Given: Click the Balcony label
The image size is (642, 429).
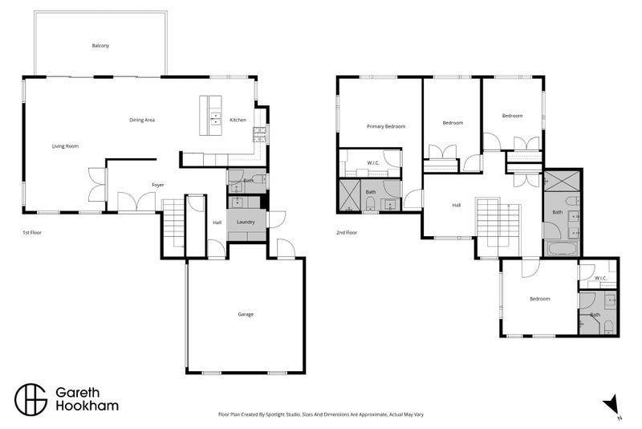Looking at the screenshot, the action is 100,46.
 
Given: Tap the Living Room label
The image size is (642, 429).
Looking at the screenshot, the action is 65,146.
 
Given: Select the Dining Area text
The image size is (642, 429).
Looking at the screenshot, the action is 142,120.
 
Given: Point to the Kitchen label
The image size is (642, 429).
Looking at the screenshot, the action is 238,120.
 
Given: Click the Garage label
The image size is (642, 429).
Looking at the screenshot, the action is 246,314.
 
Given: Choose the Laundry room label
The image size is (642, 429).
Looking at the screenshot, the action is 246,222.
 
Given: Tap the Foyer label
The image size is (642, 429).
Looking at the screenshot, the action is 157,185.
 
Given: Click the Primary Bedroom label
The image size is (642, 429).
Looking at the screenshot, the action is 386,127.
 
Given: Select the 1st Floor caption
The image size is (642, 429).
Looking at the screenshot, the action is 32,232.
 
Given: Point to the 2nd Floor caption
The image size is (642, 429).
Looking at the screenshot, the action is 347,232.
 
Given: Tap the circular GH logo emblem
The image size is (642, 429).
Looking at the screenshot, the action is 31,400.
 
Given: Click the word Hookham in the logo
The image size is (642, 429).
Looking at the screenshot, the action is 87,406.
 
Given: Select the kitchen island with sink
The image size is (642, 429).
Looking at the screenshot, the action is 210,116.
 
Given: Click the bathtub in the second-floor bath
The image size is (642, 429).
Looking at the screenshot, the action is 561,249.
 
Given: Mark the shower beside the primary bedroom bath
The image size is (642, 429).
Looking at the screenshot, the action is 348,196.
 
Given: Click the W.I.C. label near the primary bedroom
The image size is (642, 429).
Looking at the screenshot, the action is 373,162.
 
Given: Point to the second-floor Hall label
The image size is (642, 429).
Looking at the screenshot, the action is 457,206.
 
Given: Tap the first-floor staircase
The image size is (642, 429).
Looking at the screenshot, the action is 173,223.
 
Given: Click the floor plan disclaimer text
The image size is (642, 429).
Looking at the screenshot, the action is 321,415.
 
